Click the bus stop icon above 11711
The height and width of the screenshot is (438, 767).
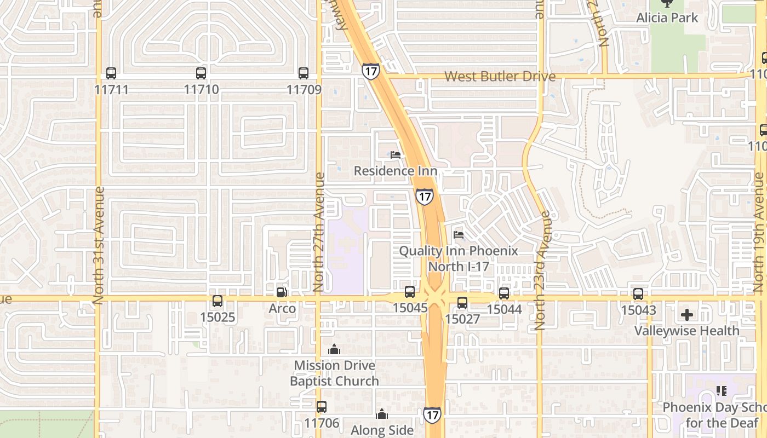click(111, 73)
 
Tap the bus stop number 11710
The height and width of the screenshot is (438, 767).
click(201, 89)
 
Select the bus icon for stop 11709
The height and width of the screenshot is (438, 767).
click(304, 73)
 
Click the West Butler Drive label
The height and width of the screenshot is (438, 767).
click(500, 76)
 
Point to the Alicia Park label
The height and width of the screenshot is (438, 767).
click(667, 18)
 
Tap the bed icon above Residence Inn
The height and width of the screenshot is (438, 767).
click(396, 155)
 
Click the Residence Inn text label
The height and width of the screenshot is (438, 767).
click(395, 171)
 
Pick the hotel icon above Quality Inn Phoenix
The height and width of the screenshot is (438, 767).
click(459, 235)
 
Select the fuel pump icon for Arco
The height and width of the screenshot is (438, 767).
click(282, 292)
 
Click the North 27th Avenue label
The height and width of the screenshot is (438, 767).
click(319, 232)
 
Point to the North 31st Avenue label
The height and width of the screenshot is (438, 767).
click(99, 245)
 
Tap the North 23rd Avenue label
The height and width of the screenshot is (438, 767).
click(540, 270)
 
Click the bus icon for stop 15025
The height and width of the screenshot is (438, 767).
click(217, 301)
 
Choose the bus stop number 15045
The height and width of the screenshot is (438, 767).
click(410, 308)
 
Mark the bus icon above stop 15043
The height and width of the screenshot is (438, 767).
click(638, 294)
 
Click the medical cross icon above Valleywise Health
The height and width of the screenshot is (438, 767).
click(687, 315)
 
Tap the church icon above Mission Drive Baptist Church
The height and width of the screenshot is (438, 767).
click(334, 349)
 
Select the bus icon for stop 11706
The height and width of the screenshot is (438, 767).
click(322, 407)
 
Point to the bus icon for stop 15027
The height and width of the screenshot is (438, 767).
click(462, 303)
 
